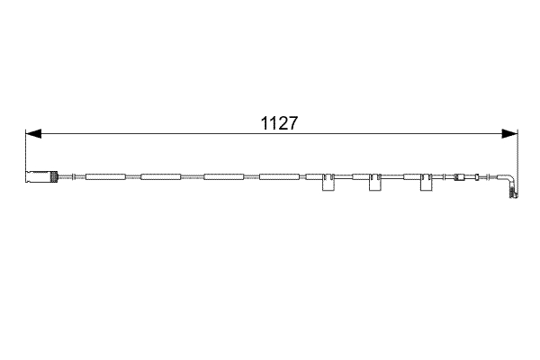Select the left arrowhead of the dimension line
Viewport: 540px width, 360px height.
(32, 134)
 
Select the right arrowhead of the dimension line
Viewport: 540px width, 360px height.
(510, 134)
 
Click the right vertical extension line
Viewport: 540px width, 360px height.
(517, 153)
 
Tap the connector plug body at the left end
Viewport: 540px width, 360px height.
(37, 176)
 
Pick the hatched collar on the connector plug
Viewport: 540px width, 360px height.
(54, 176)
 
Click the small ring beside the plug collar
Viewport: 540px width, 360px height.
(60, 176)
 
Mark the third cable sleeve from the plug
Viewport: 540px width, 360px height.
(224, 176)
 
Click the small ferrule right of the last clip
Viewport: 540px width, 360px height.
(464, 176)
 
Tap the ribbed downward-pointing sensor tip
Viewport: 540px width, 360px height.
(515, 192)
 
